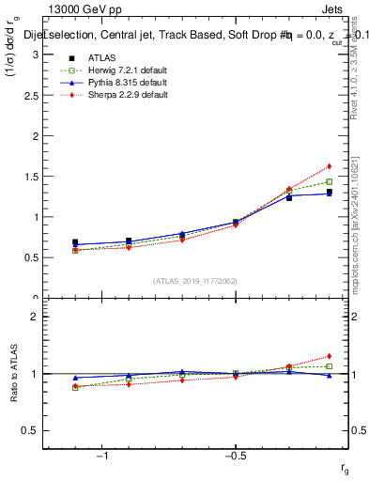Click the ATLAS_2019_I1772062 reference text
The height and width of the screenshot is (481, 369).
[195, 280]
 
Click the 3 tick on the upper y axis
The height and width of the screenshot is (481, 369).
[36, 54]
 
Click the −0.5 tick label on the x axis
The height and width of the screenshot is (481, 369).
[233, 456]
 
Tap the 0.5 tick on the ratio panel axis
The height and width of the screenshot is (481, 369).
[33, 430]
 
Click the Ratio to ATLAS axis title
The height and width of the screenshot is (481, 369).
[12, 373]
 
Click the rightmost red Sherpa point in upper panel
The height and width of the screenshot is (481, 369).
[329, 166]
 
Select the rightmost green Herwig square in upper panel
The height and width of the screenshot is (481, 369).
[329, 181]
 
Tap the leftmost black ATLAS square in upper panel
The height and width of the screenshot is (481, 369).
[75, 242]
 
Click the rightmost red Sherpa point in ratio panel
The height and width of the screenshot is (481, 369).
[329, 356]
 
